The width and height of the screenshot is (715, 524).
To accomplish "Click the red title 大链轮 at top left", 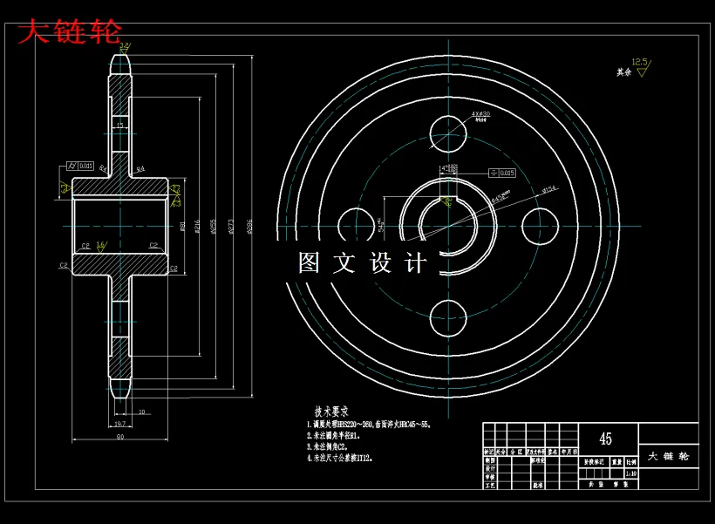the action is click(x=70, y=33).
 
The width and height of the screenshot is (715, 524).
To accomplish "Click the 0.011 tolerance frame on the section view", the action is click(x=82, y=166).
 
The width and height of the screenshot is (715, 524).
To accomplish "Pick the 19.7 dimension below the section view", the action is click(x=120, y=424).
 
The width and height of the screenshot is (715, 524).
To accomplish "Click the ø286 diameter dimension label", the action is click(x=250, y=226).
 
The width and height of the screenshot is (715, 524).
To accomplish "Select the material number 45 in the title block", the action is click(x=604, y=438).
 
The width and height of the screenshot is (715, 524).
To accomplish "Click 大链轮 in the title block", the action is click(x=669, y=456).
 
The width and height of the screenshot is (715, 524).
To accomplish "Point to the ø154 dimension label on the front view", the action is click(x=549, y=189).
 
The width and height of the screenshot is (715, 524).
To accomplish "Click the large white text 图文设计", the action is click(x=363, y=263).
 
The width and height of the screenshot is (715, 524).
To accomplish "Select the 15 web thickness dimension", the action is click(x=120, y=126).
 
